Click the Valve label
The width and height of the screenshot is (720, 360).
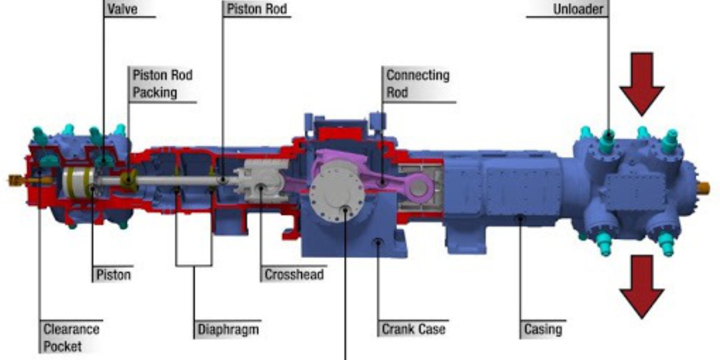122,9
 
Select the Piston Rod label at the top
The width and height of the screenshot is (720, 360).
257,9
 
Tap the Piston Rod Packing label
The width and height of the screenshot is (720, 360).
162,84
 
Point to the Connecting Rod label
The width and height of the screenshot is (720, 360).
418,84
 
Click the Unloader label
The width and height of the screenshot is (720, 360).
578,9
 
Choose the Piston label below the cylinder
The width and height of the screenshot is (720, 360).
114,275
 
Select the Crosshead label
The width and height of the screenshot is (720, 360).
294,275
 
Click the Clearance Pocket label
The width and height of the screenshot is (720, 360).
72,337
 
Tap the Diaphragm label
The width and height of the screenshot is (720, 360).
228,329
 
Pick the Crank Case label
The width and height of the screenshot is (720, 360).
414,329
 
